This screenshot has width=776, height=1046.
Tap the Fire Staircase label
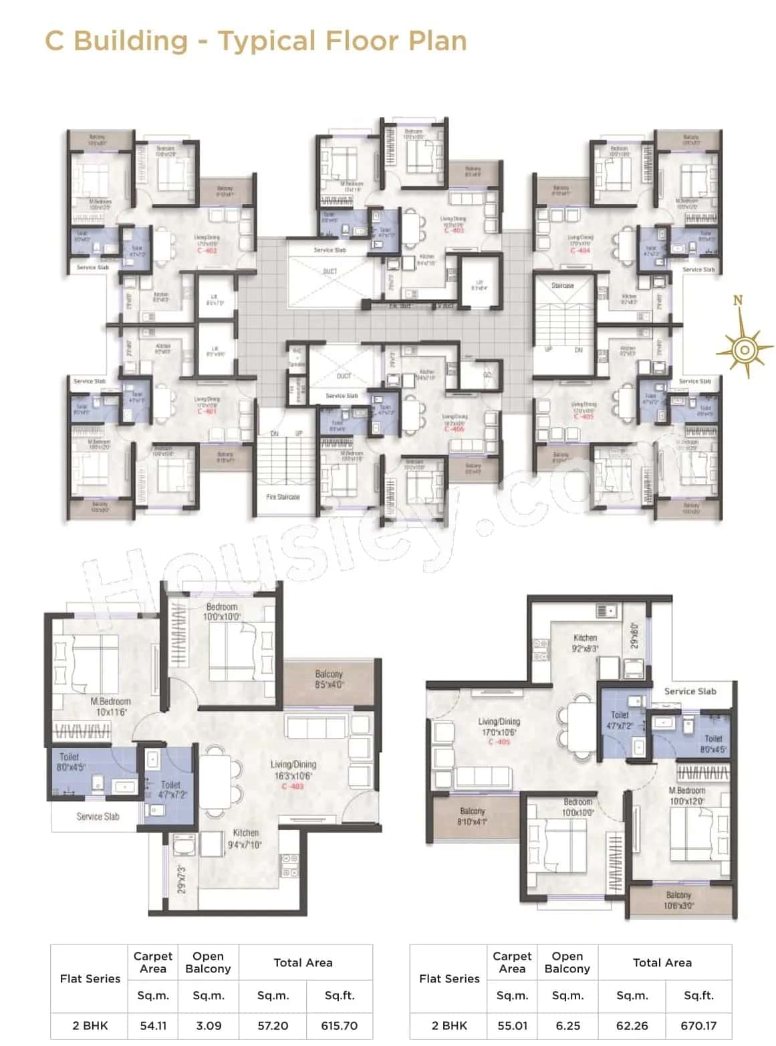283,497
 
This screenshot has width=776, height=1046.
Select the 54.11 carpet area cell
153,1025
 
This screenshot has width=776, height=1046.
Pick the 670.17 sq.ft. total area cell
698,1025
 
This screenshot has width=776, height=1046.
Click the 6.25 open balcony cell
567,1025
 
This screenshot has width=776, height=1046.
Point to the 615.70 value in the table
340,1025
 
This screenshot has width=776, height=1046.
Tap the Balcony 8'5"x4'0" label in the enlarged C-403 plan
329,680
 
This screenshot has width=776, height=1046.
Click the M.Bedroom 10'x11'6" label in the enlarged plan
110,706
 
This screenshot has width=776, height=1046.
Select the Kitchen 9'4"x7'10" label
245,838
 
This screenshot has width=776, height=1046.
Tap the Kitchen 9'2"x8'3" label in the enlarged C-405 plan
585,643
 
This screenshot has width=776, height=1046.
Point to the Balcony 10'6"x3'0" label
678,900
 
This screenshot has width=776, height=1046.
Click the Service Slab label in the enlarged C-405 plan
690,691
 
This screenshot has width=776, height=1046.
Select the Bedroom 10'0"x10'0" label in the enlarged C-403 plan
222,612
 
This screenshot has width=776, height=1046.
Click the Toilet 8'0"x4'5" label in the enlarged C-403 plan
70,762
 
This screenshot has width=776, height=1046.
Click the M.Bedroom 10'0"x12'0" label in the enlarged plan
687,795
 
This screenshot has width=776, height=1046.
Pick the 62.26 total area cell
632,1025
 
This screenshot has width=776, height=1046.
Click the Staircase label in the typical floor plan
563,285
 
